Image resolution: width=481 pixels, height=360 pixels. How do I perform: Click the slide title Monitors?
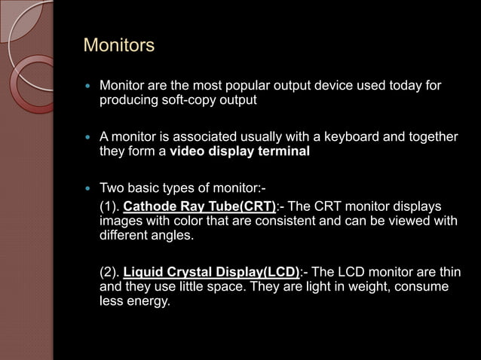(x=118, y=46)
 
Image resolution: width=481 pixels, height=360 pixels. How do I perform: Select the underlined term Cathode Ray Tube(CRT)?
(x=200, y=207)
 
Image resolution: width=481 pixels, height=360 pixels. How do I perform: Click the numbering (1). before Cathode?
(x=109, y=207)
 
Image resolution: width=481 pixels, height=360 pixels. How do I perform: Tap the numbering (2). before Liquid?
(x=109, y=273)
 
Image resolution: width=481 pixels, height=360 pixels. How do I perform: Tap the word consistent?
(x=260, y=221)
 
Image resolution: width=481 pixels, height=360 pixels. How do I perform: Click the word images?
(x=119, y=221)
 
